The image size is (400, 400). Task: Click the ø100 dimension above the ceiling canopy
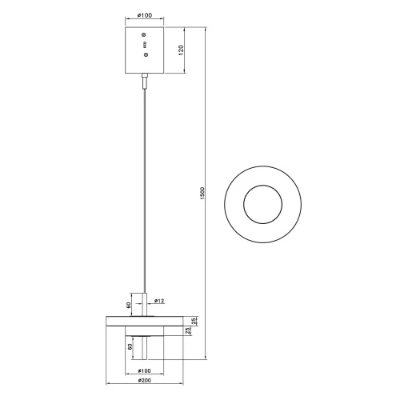click(x=144, y=16)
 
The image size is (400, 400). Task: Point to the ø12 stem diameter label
click(x=159, y=301)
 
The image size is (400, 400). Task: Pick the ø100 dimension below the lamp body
click(x=145, y=370)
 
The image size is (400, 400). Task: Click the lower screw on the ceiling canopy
click(x=144, y=54)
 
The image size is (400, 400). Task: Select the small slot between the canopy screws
click(x=144, y=46)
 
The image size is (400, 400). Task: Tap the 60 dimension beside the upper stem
click(x=130, y=304)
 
